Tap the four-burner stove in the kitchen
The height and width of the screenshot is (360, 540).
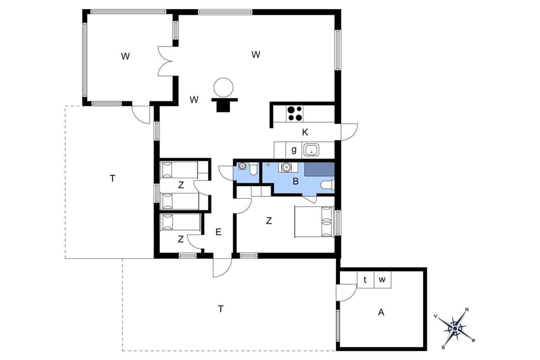tap(295, 114)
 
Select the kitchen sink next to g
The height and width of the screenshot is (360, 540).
tap(311, 150)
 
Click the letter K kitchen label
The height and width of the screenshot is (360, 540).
tap(305, 133)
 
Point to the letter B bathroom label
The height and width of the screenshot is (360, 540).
tap(295, 181)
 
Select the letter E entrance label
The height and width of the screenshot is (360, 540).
tap(218, 232)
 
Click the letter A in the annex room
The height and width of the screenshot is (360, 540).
tap(381, 313)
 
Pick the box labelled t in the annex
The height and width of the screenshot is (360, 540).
tap(365, 280)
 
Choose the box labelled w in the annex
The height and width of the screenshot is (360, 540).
tap(382, 280)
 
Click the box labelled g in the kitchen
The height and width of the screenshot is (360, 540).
tap(294, 150)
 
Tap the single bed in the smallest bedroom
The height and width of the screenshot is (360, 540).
tap(180, 222)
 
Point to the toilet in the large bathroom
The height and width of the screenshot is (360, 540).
tap(327, 185)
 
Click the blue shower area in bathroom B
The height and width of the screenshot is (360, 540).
tap(319, 169)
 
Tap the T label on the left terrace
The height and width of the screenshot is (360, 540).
tap(112, 178)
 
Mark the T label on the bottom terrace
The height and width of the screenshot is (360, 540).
tap(221, 309)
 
